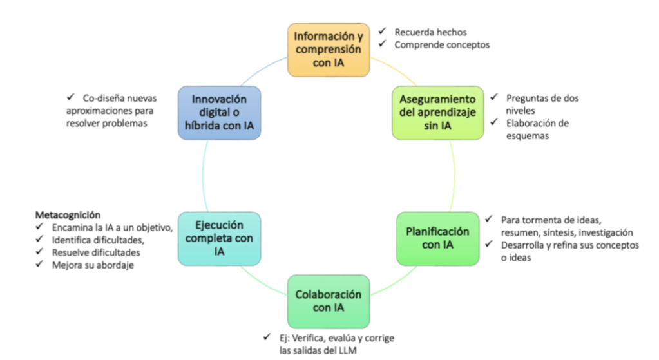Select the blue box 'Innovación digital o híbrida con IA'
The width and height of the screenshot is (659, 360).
[219, 113]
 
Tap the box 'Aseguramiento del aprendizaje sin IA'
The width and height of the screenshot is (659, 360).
[437, 113]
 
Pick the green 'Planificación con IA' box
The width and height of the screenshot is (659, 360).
[437, 238]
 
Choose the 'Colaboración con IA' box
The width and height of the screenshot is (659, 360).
[329, 301]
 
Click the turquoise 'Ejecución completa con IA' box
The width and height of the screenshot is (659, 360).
[219, 238]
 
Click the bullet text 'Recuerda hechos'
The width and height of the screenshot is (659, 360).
[430, 32]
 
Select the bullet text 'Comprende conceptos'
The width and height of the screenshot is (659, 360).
[441, 44]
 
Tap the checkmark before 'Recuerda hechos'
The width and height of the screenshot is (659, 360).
[382, 31]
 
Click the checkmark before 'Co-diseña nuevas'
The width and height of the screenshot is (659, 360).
[70, 98]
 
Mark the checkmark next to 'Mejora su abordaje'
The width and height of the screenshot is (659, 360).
[39, 265]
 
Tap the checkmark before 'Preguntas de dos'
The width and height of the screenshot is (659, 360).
[493, 98]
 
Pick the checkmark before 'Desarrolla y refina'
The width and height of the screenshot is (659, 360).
[489, 245]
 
